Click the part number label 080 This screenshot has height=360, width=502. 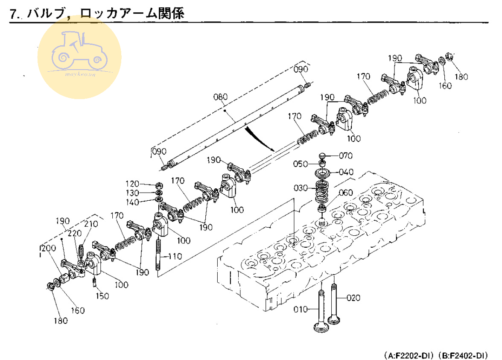pyautogui.click(x=221, y=97)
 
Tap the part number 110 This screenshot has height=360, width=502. pyautogui.click(x=175, y=257)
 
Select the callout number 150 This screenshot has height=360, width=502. pyautogui.click(x=102, y=296)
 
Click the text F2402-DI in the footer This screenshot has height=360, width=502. pyautogui.click(x=468, y=355)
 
